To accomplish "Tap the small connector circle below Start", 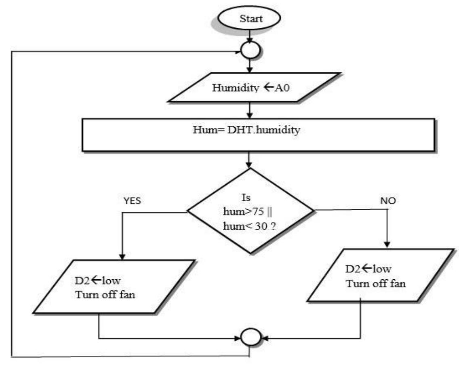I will click(x=250, y=51).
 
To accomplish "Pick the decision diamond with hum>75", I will click(x=249, y=211).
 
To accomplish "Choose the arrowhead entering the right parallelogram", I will click(x=387, y=244).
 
